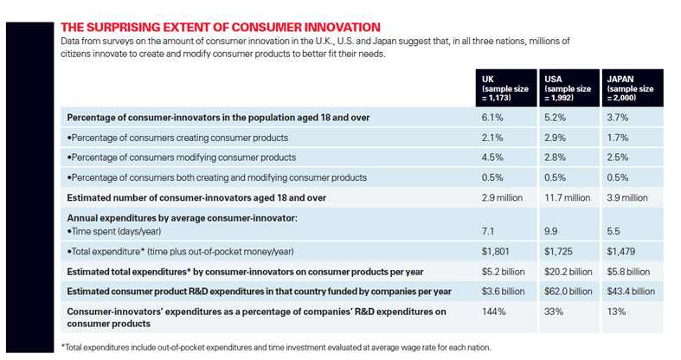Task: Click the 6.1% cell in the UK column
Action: tap(491, 117)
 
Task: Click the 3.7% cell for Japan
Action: tap(618, 117)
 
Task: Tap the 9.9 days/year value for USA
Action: tap(552, 232)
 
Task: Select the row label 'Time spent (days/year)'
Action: tap(125, 232)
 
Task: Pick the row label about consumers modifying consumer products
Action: tap(182, 157)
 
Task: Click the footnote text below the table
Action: tap(277, 346)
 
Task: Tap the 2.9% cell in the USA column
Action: tap(555, 138)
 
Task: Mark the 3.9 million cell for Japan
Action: tap(629, 198)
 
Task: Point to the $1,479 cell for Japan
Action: tap(621, 252)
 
